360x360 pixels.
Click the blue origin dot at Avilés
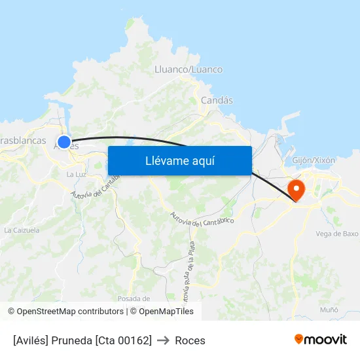64,141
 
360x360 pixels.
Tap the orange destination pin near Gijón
297,190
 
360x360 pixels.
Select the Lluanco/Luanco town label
188,69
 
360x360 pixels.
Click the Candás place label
217,100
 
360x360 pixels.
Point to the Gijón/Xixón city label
314,160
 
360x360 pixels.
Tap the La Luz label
76,175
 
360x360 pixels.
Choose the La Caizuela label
22,230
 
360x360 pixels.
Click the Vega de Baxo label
336,234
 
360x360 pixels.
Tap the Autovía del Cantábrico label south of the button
201,219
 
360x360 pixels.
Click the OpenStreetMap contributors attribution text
66,312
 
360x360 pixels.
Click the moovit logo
320,339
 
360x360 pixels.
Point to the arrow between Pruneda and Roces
163,340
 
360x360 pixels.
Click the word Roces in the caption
190,340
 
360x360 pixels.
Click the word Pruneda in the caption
71,340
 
